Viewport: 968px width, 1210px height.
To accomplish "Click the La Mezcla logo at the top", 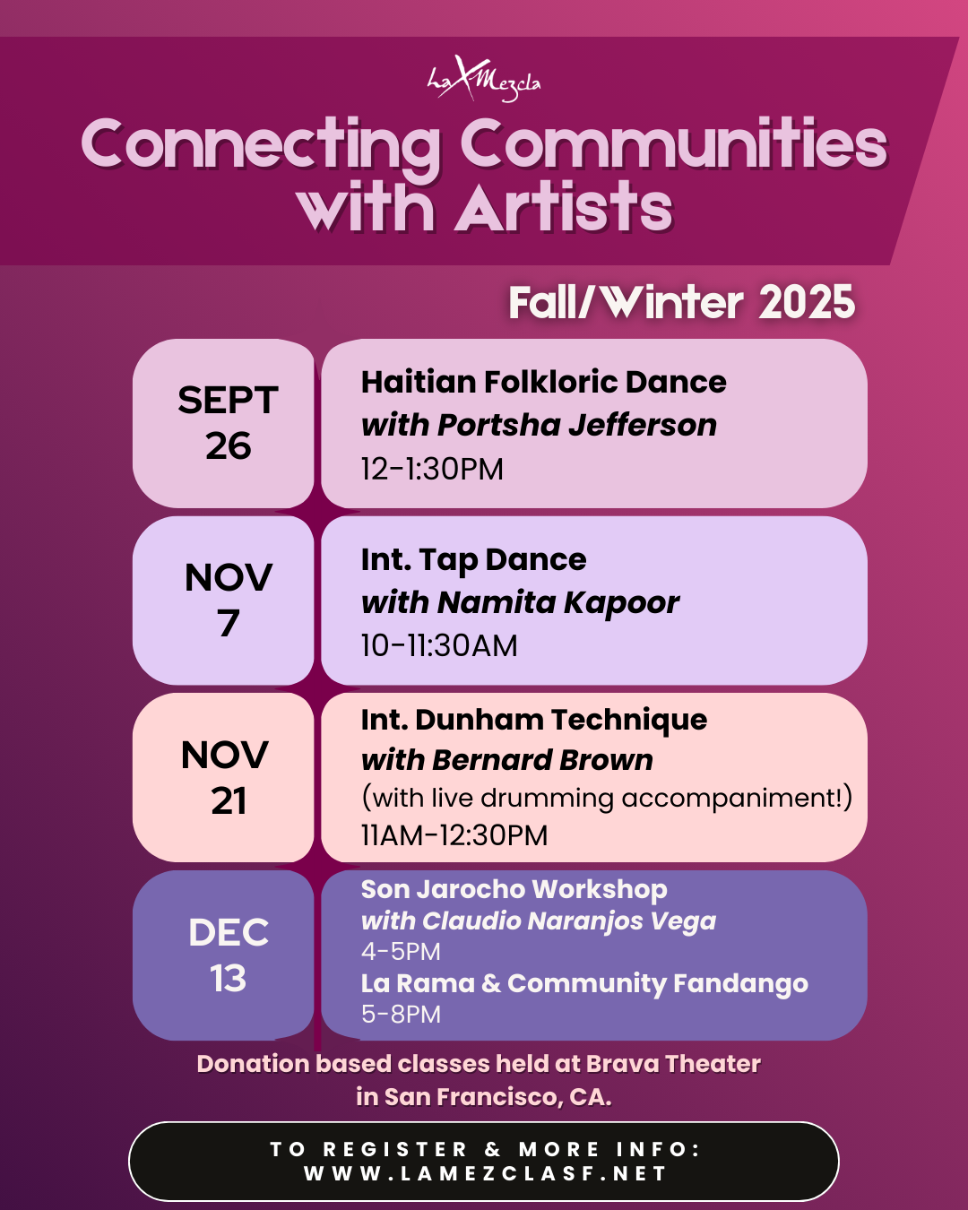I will click(484, 79).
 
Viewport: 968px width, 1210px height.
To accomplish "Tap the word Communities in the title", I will click(673, 144).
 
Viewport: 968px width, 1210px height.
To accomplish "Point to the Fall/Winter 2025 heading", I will click(681, 303).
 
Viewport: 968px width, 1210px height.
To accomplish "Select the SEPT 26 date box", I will click(228, 423).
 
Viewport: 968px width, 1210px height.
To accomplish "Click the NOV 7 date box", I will click(228, 600).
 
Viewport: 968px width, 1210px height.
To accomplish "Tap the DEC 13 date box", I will click(228, 955).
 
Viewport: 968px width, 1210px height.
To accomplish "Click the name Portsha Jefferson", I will click(577, 425).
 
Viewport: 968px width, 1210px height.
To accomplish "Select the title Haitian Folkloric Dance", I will click(543, 382).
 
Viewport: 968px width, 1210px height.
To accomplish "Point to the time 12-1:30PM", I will click(432, 469).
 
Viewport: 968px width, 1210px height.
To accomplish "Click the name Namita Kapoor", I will click(558, 602).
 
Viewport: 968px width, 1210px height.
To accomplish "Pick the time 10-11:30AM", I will click(439, 645).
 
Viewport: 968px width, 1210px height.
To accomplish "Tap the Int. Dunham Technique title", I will click(534, 720).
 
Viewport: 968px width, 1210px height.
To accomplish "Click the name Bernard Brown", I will click(542, 760).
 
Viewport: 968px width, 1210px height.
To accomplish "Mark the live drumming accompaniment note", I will click(606, 798).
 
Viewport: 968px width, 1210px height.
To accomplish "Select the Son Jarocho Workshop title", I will click(514, 889).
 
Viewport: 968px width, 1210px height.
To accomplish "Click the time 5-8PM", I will click(401, 1015).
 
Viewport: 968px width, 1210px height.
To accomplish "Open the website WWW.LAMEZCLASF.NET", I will click(485, 1173).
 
